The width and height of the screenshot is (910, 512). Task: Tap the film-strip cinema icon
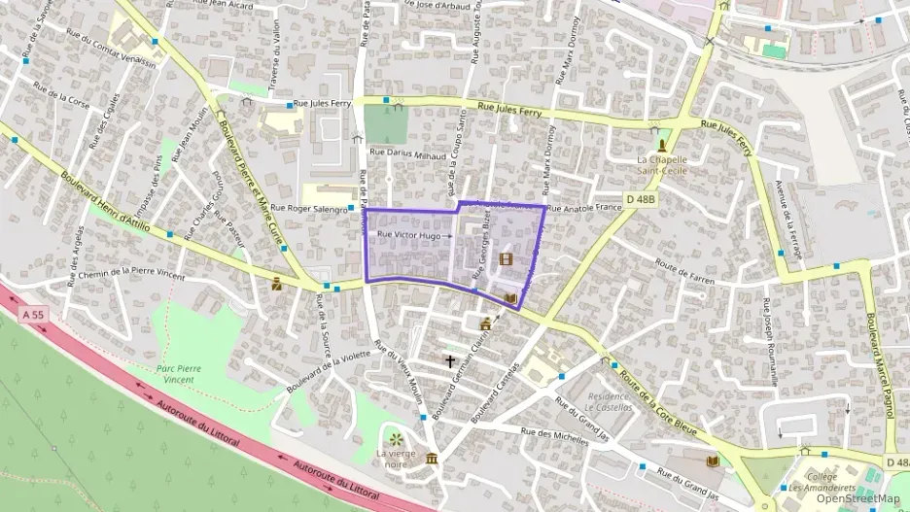point(506,258)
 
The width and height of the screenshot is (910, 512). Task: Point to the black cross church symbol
point(450,361)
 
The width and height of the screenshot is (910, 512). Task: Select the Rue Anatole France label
point(583,208)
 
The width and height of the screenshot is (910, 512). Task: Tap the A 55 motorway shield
point(32,314)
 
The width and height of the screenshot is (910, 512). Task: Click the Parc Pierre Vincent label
point(185,374)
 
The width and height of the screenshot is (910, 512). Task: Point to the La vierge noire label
point(396,459)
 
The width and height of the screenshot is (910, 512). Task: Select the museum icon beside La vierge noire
point(432,459)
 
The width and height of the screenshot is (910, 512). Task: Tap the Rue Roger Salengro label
point(308,208)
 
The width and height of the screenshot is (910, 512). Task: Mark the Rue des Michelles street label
point(555,435)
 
